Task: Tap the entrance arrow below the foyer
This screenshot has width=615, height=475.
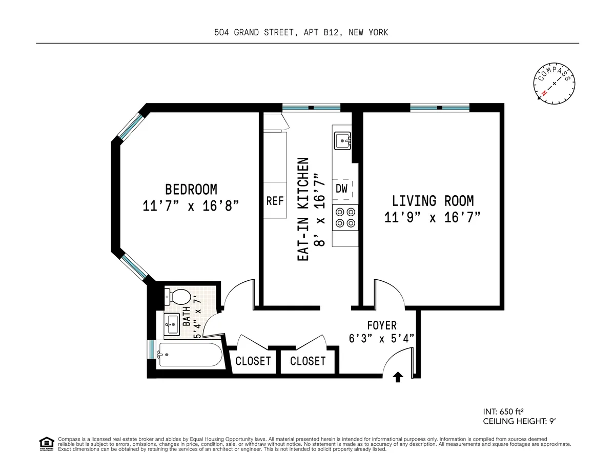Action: point(398,378)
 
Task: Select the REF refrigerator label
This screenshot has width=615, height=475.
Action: point(275,201)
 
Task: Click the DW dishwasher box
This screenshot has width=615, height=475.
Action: point(342,189)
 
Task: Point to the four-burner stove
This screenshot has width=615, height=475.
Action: point(344,217)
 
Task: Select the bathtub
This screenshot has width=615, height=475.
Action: point(189,355)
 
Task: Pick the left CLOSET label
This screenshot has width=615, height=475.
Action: point(253,361)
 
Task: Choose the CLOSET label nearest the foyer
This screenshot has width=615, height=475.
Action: point(308,361)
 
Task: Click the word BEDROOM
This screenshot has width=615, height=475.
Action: point(191,189)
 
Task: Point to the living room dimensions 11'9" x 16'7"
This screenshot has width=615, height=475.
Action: point(433,217)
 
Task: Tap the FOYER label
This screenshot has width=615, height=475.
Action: point(382,325)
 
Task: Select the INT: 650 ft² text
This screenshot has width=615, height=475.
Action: point(503,411)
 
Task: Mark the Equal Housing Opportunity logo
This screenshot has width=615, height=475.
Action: point(47,443)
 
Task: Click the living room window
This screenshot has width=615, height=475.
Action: point(439,108)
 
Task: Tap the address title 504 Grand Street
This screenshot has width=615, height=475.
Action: point(301,32)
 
